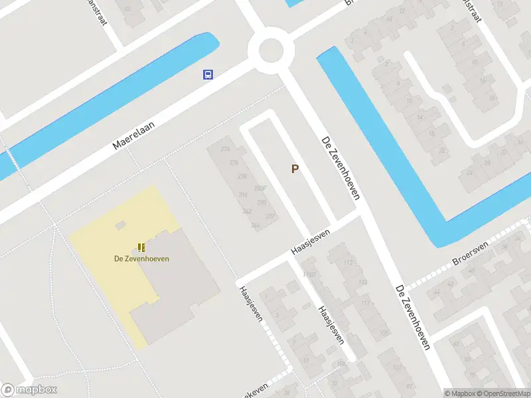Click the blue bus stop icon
point(208,74)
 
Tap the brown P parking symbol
point(295,169)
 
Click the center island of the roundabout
point(271,50)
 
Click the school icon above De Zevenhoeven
point(141,247)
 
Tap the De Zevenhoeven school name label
point(141,258)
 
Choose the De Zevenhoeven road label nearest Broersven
point(413,317)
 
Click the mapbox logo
point(29,390)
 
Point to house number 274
point(233,163)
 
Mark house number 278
point(242,176)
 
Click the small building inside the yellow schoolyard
point(120,226)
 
